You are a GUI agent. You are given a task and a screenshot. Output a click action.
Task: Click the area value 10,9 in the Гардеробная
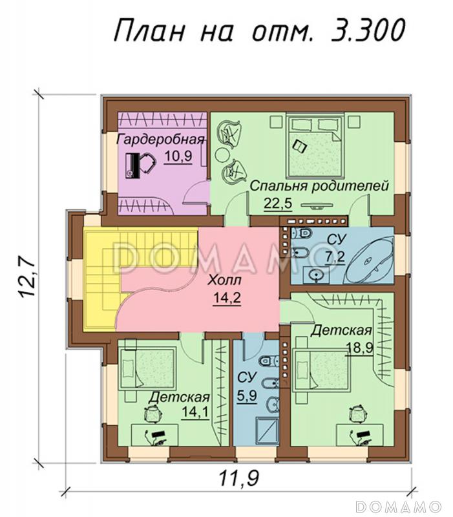coord(178,156)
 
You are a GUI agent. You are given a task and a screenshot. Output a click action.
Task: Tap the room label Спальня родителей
coord(319,186)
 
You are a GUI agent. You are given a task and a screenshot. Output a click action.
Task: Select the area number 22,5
coord(278,203)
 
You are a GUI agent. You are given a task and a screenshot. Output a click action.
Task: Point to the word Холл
coord(225,280)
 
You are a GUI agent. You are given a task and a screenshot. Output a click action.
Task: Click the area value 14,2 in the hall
coord(227,298)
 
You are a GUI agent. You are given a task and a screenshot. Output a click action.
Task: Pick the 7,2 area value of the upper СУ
coord(335,257)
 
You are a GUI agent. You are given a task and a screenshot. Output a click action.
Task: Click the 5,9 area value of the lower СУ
coord(247,395)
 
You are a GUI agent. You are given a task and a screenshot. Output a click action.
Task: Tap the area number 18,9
coord(360,347)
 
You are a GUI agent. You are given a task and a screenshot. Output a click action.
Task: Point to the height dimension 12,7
coord(26,278)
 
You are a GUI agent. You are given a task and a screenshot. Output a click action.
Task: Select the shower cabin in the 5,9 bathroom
coord(268,430)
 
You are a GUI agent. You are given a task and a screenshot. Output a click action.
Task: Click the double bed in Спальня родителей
coord(315,145)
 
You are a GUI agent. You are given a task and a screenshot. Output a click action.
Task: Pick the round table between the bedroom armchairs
coord(223,154)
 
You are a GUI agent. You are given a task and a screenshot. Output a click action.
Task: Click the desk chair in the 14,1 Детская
coord(153,412)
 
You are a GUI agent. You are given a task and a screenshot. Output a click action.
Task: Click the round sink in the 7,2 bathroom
coord(317,274)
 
